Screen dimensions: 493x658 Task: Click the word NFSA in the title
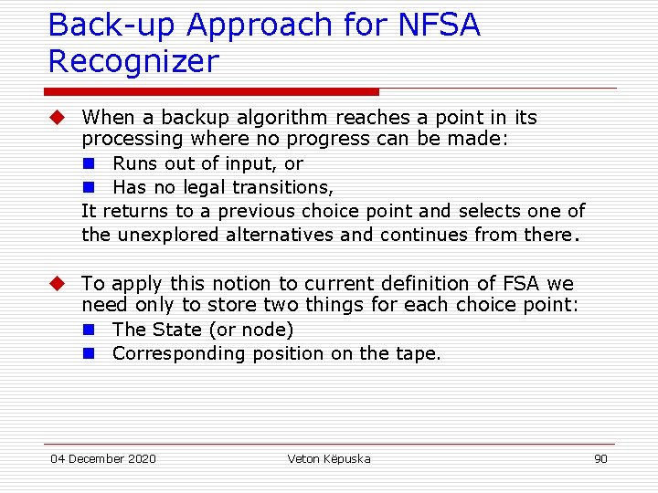pyautogui.click(x=439, y=26)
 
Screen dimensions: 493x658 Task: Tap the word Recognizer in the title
pyautogui.click(x=133, y=62)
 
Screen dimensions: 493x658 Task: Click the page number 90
pyautogui.click(x=600, y=458)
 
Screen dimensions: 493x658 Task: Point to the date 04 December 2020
pyautogui.click(x=103, y=458)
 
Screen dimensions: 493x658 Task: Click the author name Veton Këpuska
pyautogui.click(x=329, y=458)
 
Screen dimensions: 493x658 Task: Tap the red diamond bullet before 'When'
pyautogui.click(x=57, y=118)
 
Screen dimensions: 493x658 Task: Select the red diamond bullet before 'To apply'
pyautogui.click(x=57, y=284)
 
